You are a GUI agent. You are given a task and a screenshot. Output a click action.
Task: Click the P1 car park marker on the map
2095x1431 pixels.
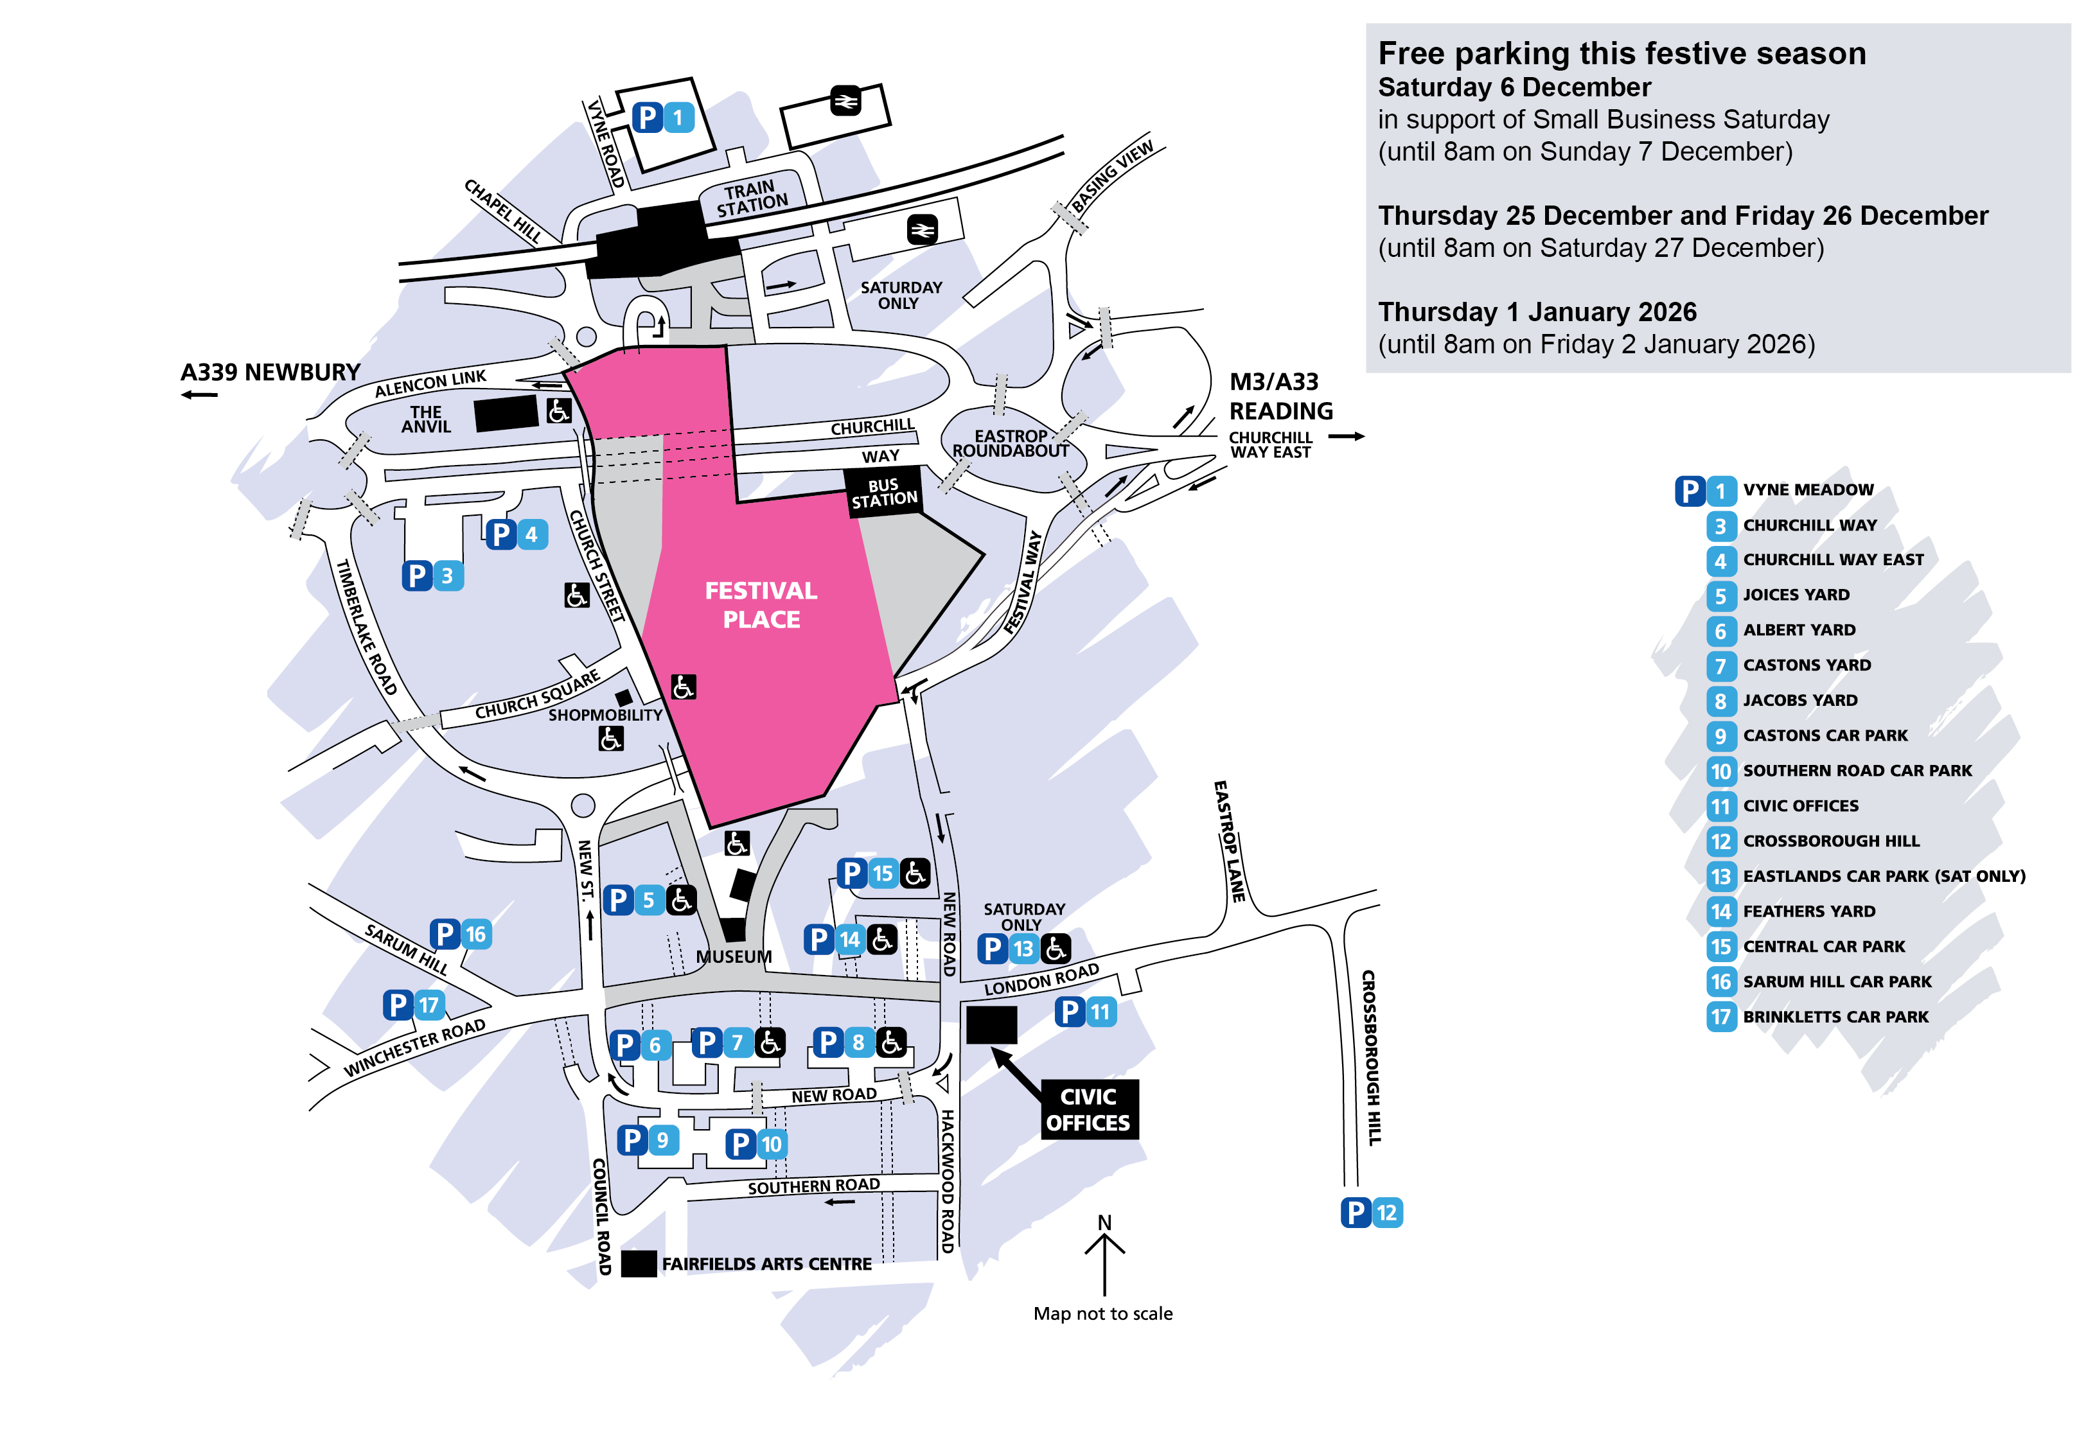coord(662,117)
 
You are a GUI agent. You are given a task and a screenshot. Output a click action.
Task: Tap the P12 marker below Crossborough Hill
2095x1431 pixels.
coord(1370,1212)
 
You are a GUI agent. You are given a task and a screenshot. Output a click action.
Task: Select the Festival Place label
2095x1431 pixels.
coord(761,604)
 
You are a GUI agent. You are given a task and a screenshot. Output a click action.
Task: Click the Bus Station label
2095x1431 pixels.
coord(883,492)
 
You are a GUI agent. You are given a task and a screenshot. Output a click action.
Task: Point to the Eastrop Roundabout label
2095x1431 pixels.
coord(1010,443)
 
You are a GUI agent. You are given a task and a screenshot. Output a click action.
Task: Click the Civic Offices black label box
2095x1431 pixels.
coord(1088,1109)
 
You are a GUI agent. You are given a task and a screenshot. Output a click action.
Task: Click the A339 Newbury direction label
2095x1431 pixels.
coord(270,372)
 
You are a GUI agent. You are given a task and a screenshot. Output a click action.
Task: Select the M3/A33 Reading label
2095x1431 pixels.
coord(1280,396)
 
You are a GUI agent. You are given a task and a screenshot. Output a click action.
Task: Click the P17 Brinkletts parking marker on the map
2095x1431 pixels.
coord(414,1004)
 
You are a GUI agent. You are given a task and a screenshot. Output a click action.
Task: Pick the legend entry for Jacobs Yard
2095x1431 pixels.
coord(1799,700)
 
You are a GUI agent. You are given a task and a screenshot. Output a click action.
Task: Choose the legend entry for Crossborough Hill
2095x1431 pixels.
coord(1830,841)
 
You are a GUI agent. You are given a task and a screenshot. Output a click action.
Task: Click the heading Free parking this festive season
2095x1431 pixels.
coord(1622,54)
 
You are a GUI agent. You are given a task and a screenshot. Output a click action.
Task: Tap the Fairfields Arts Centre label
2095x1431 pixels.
coord(766,1263)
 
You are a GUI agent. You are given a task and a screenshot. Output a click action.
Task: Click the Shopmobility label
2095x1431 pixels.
coord(605,715)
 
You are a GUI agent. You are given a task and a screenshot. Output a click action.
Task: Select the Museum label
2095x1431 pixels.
coord(734,956)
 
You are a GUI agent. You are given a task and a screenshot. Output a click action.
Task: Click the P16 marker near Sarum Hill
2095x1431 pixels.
coord(460,934)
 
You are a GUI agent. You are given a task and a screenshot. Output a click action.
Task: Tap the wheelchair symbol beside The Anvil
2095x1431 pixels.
coord(558,411)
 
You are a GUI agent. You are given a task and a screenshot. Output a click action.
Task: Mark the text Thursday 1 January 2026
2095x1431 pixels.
coord(1537,312)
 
